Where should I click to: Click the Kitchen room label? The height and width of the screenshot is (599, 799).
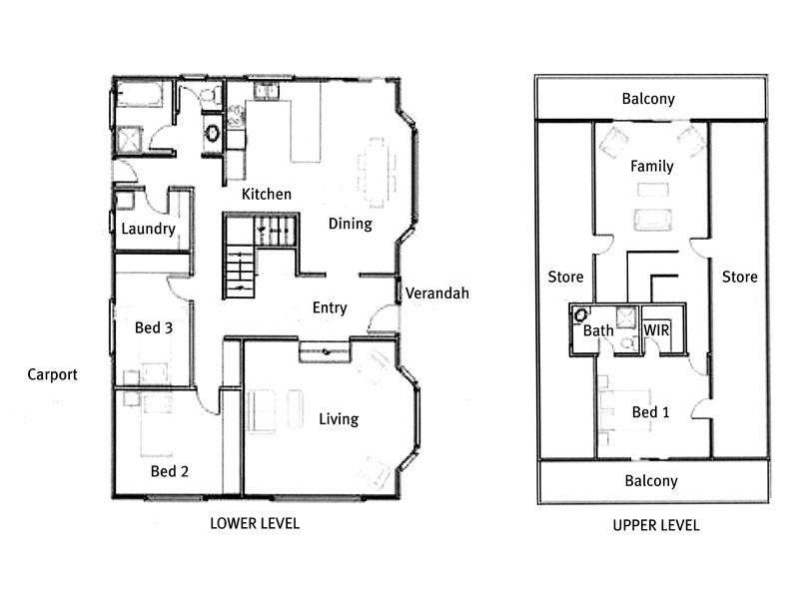267,194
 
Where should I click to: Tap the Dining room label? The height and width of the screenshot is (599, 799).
350,224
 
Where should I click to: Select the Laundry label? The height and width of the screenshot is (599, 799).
148,229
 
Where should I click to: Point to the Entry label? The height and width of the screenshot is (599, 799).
330,307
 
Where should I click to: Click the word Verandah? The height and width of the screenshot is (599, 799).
436,294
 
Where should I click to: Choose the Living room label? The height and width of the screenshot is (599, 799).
339,419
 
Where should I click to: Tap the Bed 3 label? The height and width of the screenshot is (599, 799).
155,327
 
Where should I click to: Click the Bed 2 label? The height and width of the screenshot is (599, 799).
170,471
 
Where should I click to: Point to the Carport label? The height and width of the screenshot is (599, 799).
53,375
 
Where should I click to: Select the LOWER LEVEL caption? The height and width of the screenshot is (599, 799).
254,523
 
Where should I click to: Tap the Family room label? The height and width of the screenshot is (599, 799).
651,167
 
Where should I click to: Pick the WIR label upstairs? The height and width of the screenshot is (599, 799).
656,329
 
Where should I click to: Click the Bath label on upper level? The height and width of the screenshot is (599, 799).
598,330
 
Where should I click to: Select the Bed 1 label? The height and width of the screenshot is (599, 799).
651,412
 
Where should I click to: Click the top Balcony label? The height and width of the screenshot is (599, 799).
648,99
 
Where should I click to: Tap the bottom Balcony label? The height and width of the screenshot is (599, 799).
651,481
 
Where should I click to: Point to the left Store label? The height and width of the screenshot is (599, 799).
566,277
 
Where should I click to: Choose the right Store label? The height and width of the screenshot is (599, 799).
739,277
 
